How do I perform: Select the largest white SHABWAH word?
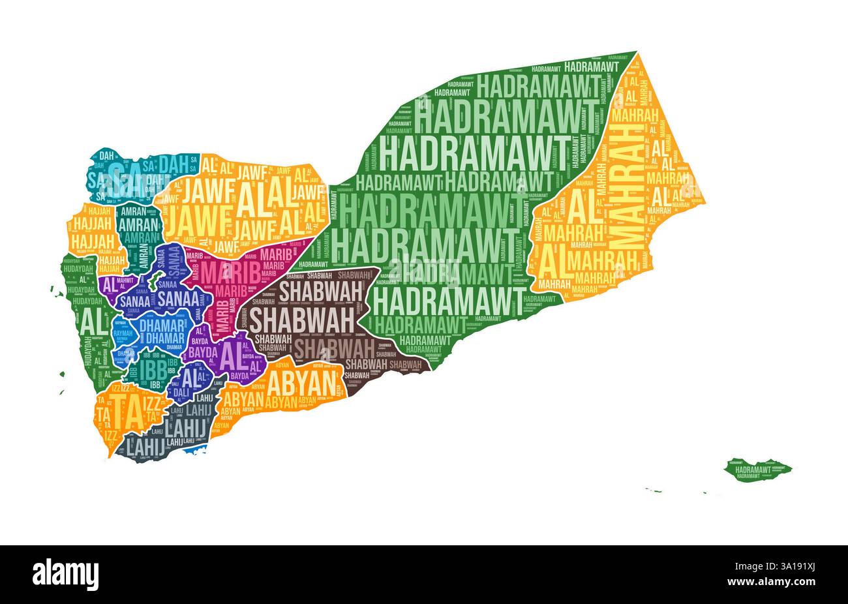301,320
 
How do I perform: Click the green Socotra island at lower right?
758,468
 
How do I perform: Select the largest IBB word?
147,370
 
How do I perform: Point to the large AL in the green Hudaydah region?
91,320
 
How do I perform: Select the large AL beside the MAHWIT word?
109,284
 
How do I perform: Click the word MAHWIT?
127,280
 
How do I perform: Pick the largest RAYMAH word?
123,333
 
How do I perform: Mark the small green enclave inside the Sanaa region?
154,281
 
